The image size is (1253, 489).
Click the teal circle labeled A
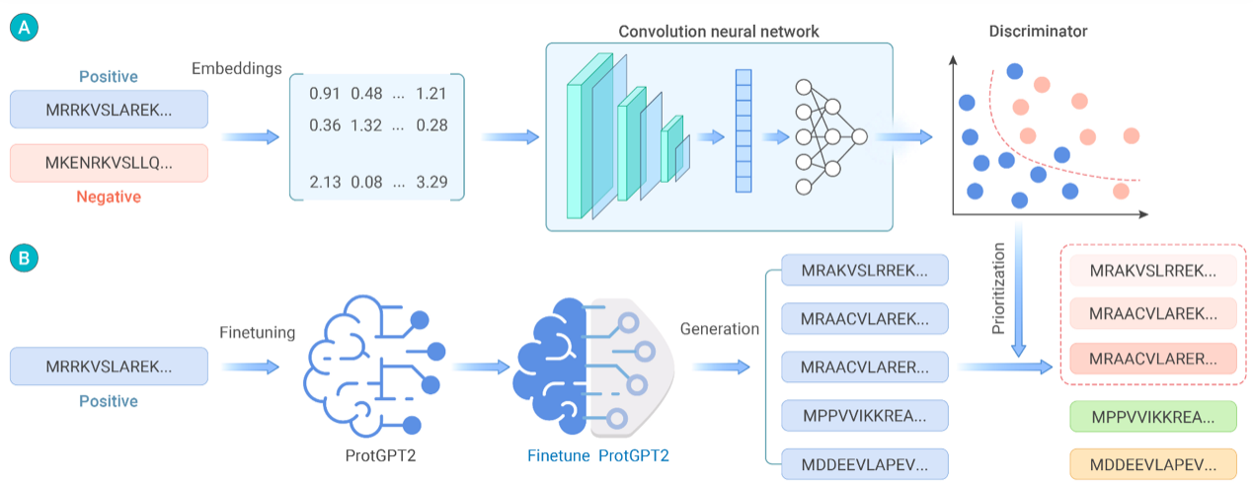click(x=24, y=28)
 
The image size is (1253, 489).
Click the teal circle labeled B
click(x=24, y=258)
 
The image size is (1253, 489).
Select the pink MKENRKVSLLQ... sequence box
click(x=109, y=163)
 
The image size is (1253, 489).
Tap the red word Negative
click(x=109, y=197)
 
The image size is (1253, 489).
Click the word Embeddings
click(x=237, y=68)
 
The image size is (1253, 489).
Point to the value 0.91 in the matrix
click(x=325, y=94)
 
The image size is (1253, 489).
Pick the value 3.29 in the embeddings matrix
click(x=431, y=182)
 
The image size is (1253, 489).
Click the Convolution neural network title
click(x=719, y=32)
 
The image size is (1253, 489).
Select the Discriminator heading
click(x=1038, y=31)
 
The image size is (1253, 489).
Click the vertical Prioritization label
click(x=998, y=288)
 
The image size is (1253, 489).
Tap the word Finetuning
click(x=258, y=332)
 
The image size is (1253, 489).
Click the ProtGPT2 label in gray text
click(x=380, y=455)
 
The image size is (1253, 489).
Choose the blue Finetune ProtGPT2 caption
click(x=598, y=455)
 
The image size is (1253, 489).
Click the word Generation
click(x=720, y=328)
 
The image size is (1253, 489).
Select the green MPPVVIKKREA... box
click(x=1153, y=417)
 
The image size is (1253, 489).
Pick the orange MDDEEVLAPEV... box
click(x=1153, y=464)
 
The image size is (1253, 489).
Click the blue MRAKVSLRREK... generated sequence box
click(x=865, y=271)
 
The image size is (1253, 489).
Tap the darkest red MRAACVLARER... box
click(x=1153, y=359)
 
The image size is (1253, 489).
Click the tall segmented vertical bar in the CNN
click(x=744, y=131)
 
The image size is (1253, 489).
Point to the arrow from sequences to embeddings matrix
click(x=251, y=137)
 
